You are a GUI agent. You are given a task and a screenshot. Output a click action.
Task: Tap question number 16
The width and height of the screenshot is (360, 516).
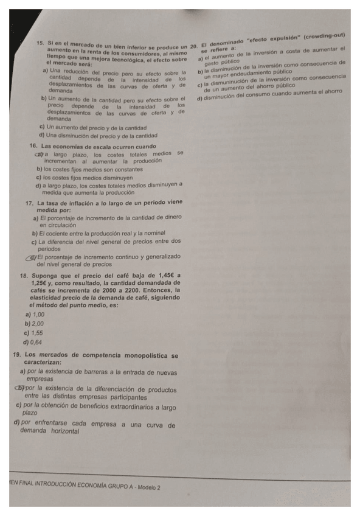coord(34,146)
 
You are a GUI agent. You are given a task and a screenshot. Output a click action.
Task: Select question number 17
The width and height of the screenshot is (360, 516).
coord(29,203)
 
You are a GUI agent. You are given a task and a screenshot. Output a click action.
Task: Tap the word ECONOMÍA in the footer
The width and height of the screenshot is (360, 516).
coord(94,487)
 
